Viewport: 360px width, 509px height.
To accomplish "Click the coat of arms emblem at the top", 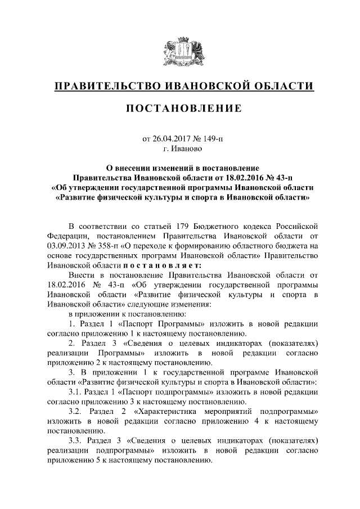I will point(179,52).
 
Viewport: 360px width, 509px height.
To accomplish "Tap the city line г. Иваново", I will point(179,150).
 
